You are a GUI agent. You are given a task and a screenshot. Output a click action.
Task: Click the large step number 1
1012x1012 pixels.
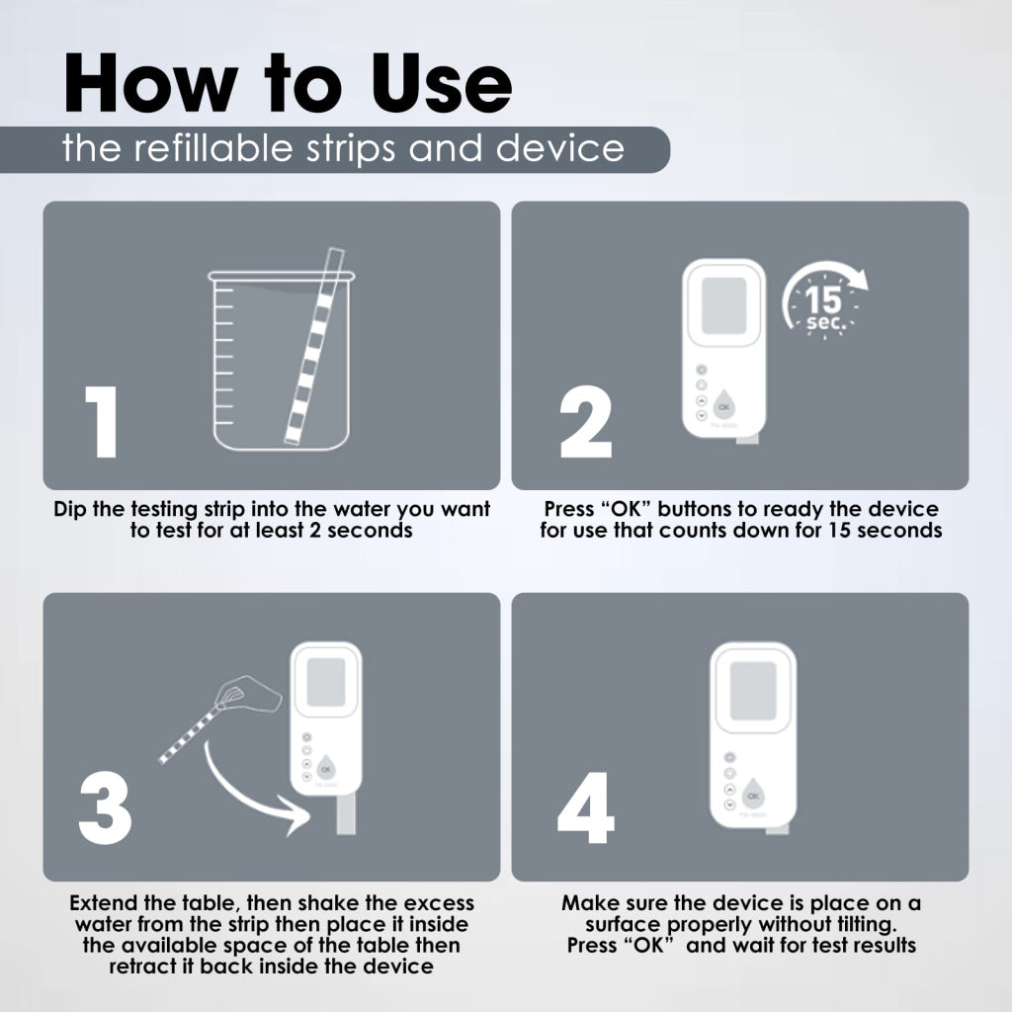102,422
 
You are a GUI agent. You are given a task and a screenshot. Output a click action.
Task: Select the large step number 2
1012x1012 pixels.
585,422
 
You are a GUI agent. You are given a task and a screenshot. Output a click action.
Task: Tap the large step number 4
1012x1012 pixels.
585,807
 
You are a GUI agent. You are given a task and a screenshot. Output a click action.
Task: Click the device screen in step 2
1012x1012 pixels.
723,306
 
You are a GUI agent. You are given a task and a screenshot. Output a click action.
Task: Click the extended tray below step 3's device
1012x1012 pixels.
346,813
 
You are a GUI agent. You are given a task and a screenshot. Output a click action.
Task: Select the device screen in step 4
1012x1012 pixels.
752,691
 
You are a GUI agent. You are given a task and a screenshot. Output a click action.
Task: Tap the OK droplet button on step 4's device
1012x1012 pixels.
752,795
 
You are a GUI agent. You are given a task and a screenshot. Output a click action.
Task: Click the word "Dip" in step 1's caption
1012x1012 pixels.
70,509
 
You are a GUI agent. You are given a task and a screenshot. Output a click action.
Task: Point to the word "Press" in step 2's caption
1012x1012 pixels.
568,509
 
